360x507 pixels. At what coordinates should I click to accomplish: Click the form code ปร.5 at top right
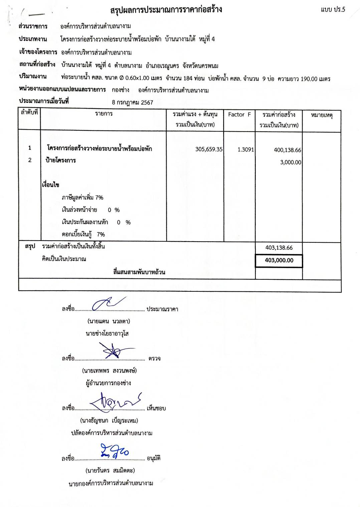tap(333, 10)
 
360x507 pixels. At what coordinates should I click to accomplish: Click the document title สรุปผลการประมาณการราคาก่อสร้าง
tap(166, 10)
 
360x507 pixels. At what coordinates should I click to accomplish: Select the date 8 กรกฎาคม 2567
tap(133, 102)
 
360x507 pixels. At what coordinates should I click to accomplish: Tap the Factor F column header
tap(239, 114)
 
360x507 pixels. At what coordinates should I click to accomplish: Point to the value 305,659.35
tap(209, 149)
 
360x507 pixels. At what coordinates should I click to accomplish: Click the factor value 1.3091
tap(245, 150)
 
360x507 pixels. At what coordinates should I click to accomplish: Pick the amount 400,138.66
tap(287, 150)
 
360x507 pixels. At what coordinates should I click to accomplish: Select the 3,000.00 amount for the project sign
tap(291, 163)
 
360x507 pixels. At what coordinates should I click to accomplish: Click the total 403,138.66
tap(279, 248)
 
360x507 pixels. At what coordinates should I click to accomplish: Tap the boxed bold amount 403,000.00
tap(279, 260)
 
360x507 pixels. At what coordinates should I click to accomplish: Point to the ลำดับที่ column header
tap(29, 112)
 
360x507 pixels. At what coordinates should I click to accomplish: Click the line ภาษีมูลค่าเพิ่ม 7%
tap(82, 198)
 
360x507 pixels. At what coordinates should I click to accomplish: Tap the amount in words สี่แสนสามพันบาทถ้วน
tap(139, 272)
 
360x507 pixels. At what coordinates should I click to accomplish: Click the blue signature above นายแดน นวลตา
tap(108, 303)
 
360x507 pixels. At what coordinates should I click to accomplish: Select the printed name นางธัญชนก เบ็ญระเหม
tap(109, 421)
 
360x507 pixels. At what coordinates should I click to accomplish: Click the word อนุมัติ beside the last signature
tap(154, 458)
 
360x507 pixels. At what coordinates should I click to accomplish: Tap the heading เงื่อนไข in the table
tap(50, 185)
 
